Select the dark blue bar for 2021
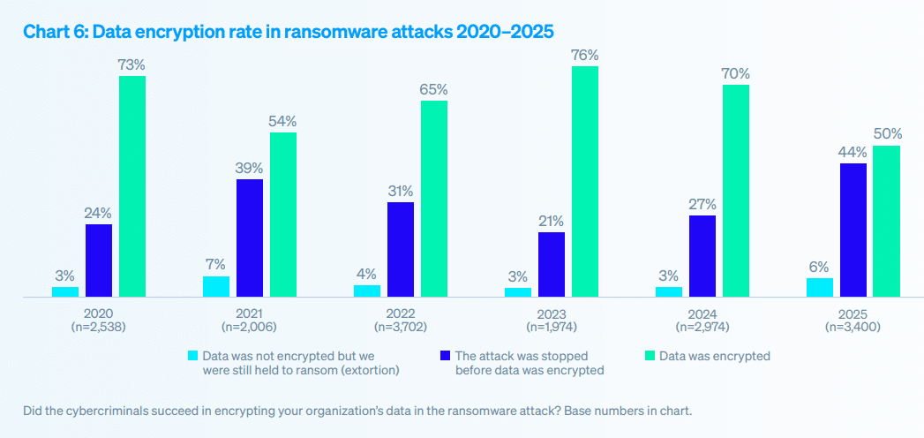(250, 238)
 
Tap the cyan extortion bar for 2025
(820, 287)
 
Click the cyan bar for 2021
(216, 286)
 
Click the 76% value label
(585, 55)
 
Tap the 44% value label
(853, 151)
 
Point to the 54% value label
(283, 121)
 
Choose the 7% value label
(216, 264)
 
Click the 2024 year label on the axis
(702, 313)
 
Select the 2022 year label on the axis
(400, 313)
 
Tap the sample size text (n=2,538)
(99, 326)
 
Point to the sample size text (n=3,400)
(853, 326)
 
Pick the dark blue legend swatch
(445, 356)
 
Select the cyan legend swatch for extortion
(192, 356)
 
